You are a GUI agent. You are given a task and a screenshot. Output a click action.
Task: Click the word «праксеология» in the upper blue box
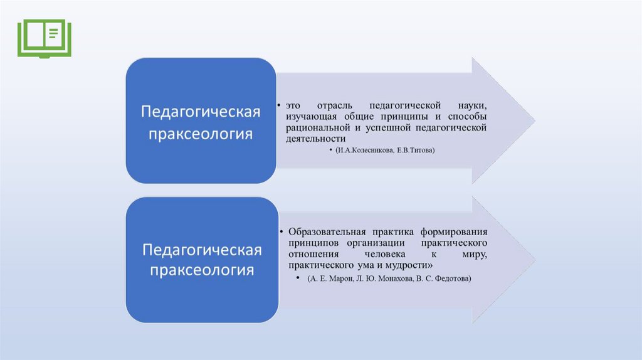pyautogui.click(x=200, y=134)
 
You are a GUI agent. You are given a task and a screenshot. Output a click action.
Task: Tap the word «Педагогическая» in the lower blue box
pyautogui.click(x=201, y=250)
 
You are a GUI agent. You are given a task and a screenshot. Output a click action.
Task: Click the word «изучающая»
pyautogui.click(x=313, y=117)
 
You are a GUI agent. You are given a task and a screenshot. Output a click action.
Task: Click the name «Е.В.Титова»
pyautogui.click(x=416, y=151)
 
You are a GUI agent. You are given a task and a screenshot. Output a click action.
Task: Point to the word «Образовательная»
pyautogui.click(x=327, y=231)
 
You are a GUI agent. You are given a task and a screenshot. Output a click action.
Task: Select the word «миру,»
pyautogui.click(x=475, y=254)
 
